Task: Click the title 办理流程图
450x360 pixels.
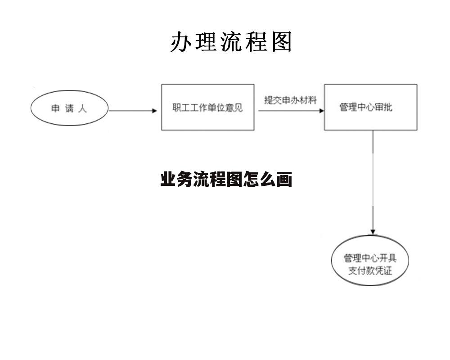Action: click(x=231, y=42)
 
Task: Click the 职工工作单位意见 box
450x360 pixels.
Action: click(x=208, y=108)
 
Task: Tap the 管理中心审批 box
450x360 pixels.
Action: click(x=370, y=108)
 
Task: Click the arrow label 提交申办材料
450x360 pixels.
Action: click(x=290, y=100)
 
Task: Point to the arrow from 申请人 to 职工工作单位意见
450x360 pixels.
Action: click(x=132, y=111)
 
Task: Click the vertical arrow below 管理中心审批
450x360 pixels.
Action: click(x=373, y=180)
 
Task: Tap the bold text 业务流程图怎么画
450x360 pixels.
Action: click(x=226, y=180)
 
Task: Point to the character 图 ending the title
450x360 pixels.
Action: click(x=282, y=42)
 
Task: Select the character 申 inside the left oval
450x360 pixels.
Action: click(x=55, y=108)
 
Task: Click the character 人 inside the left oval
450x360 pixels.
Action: click(x=82, y=108)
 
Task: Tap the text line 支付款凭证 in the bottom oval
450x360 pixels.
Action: click(x=370, y=271)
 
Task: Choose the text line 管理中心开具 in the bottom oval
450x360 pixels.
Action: click(x=370, y=258)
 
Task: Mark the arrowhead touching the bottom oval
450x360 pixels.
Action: click(x=373, y=231)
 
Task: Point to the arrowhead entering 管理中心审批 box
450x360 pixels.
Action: click(x=321, y=111)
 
